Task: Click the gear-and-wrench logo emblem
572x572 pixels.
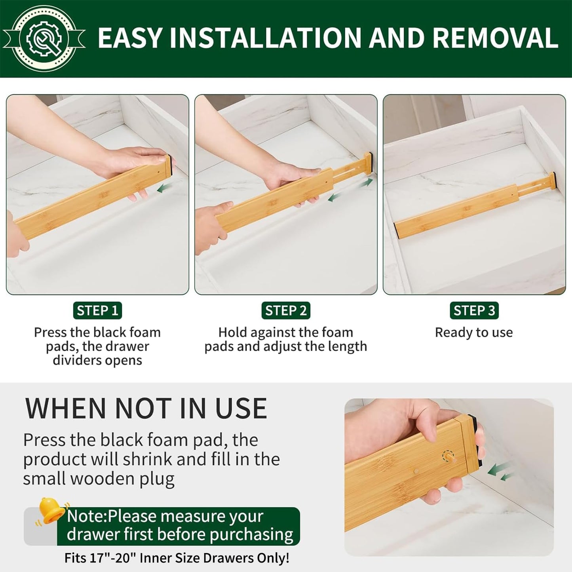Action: click(x=44, y=38)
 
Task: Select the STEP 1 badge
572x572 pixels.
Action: click(x=97, y=310)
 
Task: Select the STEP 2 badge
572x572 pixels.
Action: click(x=286, y=310)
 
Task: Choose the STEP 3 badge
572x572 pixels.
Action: click(x=474, y=310)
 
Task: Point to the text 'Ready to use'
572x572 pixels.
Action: click(x=474, y=333)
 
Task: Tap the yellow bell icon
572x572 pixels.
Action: click(x=51, y=511)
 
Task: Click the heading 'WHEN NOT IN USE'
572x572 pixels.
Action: click(x=146, y=408)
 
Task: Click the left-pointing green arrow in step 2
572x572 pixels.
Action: click(x=334, y=197)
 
